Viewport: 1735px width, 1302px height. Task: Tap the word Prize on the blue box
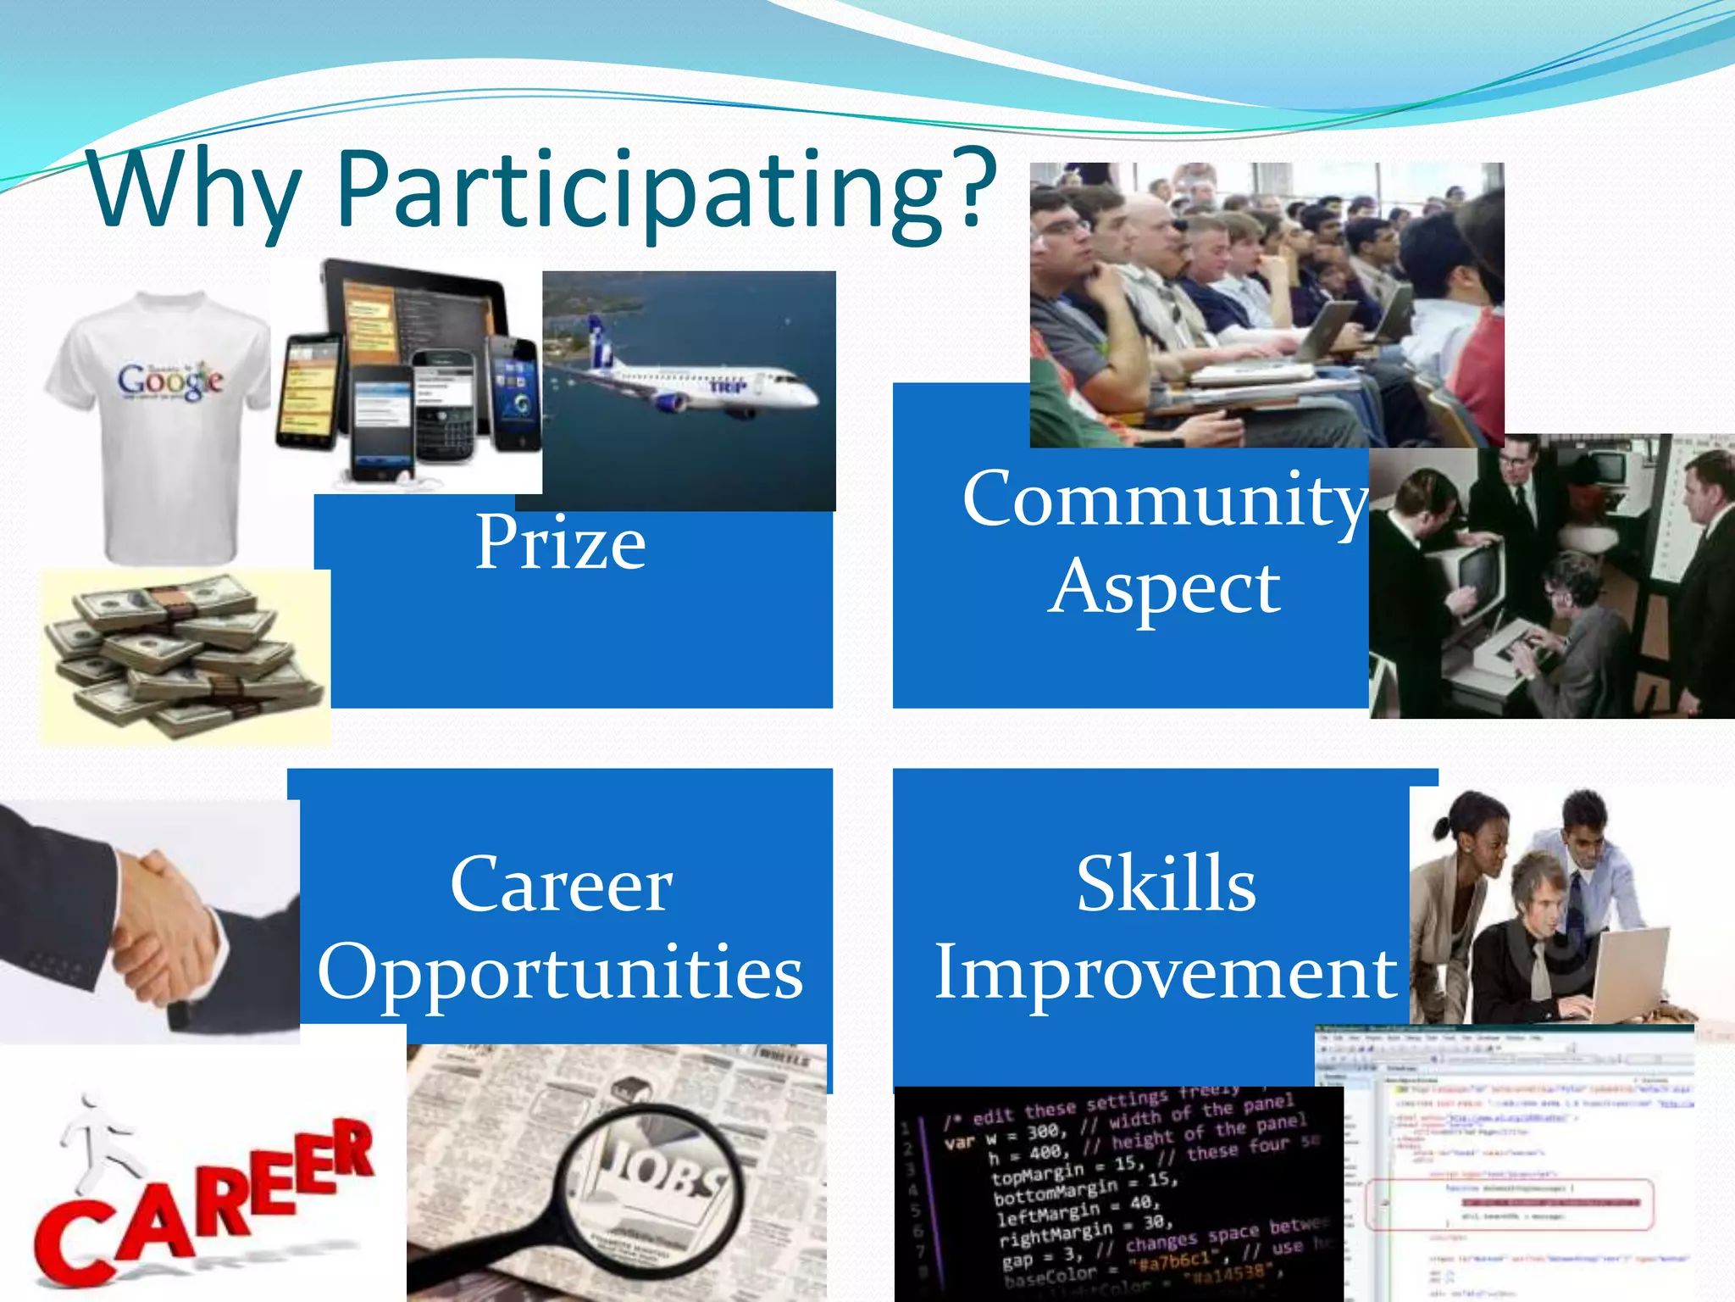tap(560, 542)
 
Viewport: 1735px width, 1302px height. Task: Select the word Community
tap(1165, 500)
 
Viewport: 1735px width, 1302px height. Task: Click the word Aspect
tap(1164, 587)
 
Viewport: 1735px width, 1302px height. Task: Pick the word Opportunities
tap(560, 973)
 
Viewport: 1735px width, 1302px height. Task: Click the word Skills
tap(1166, 884)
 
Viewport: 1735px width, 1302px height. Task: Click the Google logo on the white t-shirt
tap(169, 381)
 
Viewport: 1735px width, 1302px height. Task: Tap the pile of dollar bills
tap(182, 657)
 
